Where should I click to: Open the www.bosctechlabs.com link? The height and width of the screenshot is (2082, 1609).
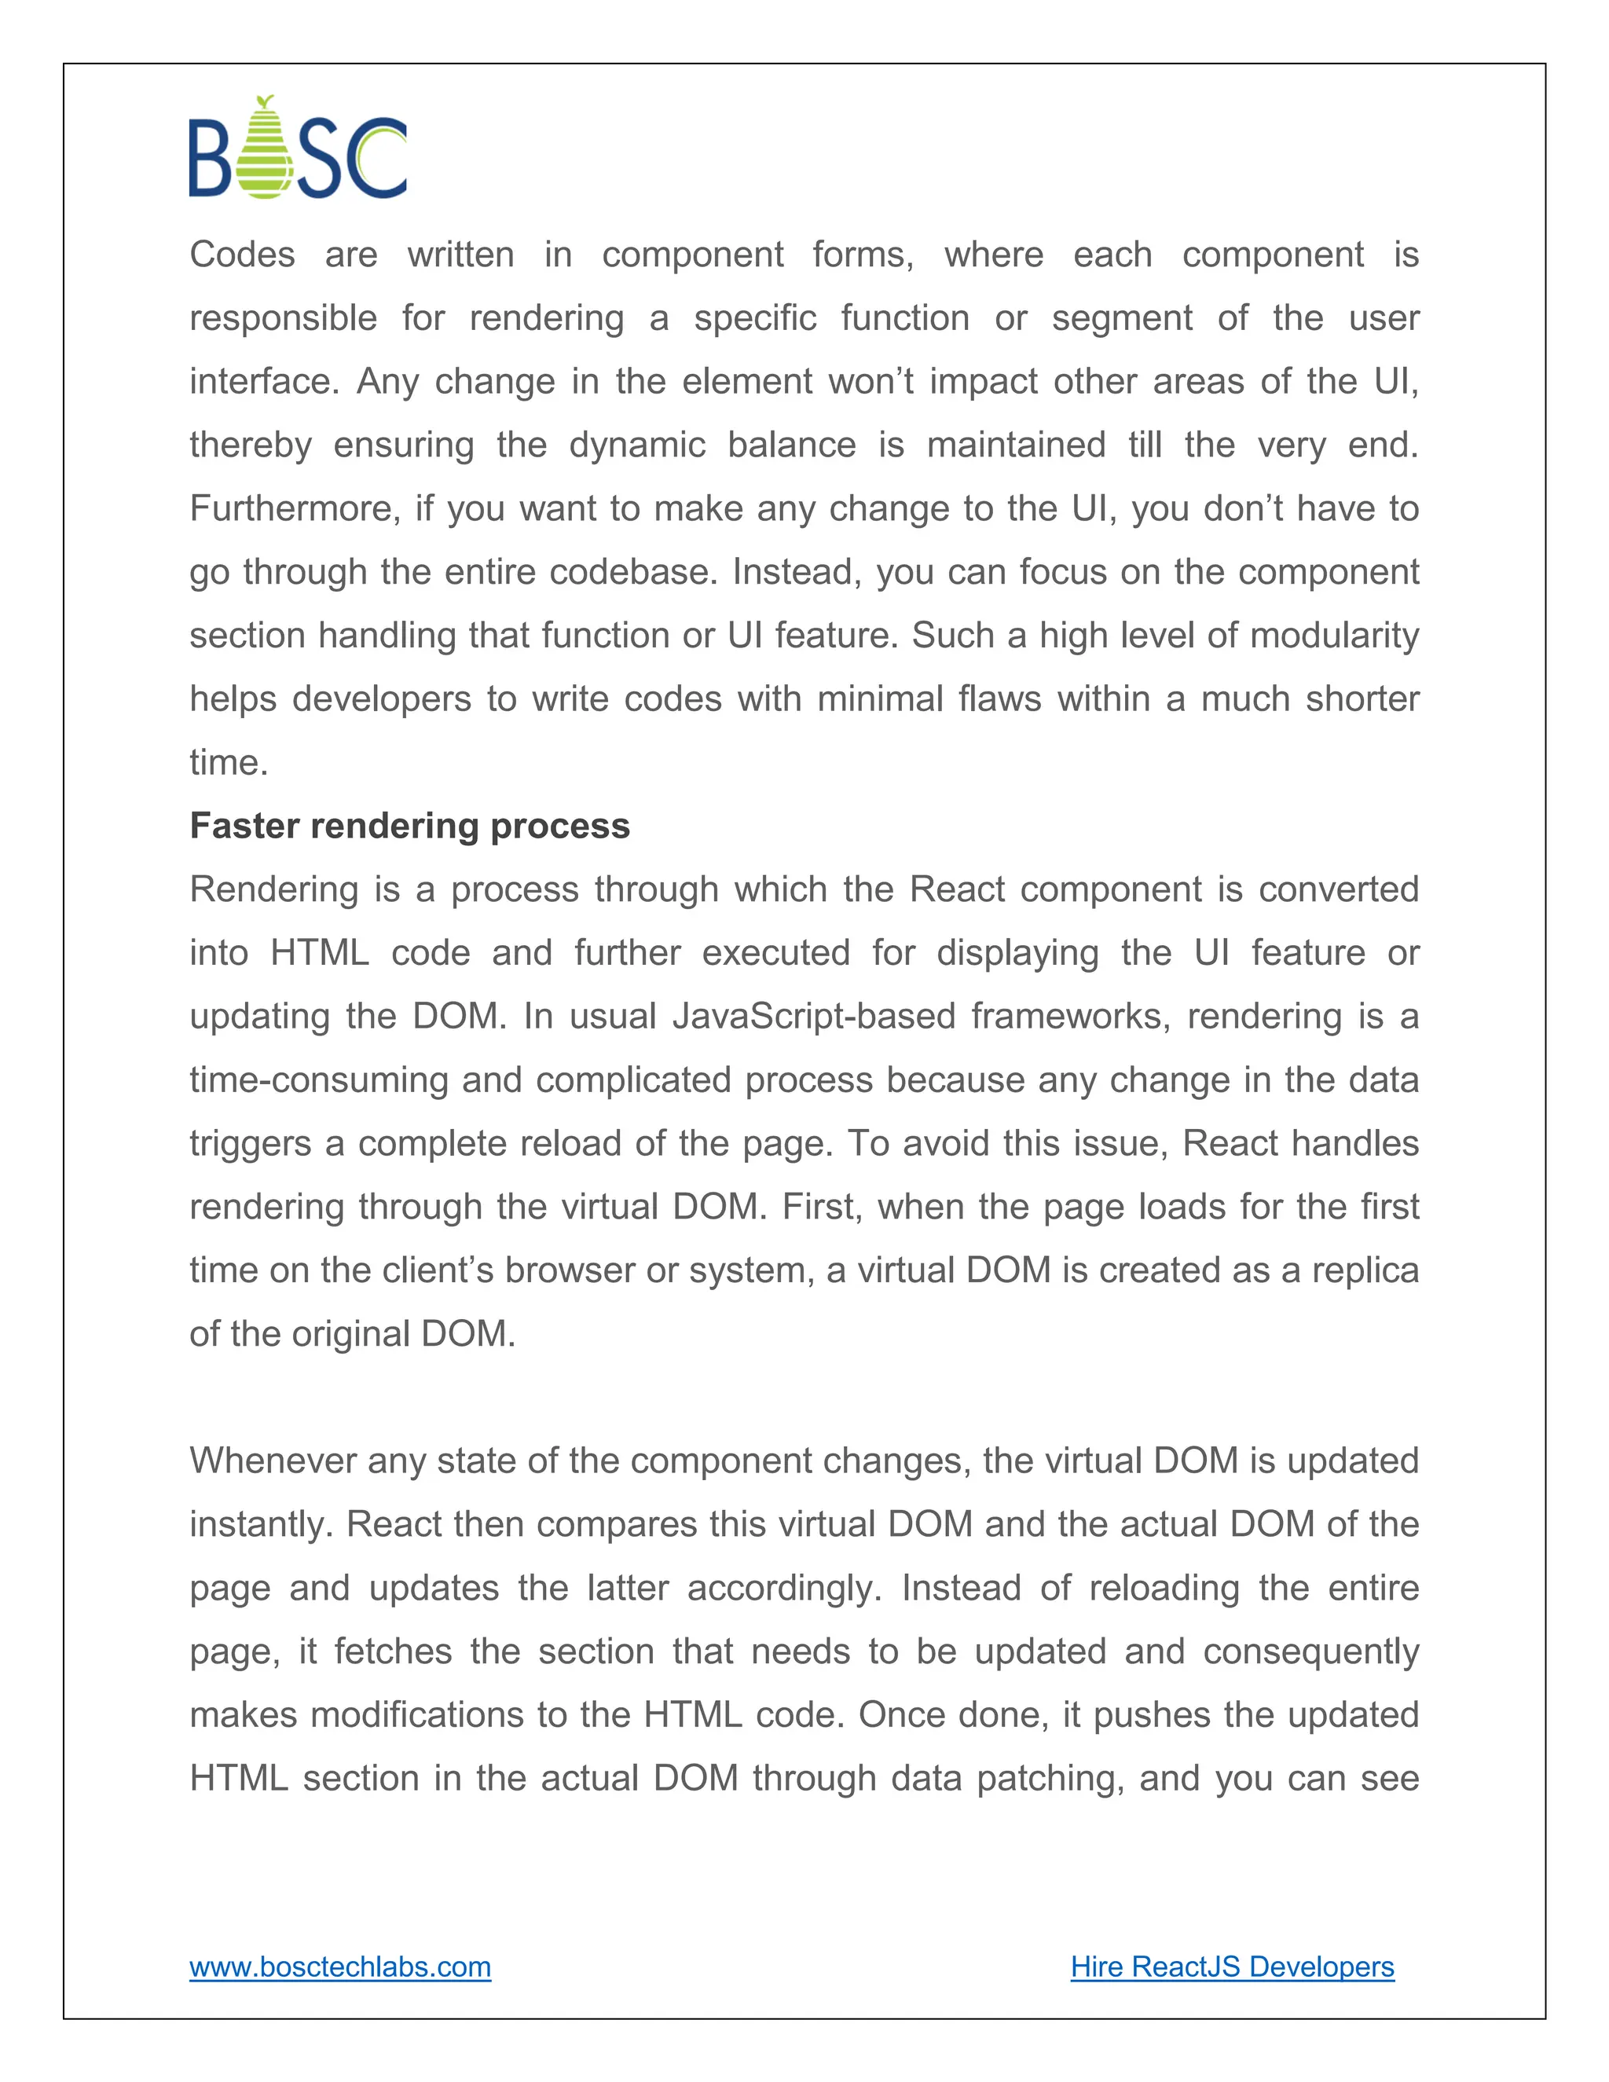(340, 1967)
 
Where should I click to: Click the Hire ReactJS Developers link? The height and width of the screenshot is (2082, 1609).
(1232, 1967)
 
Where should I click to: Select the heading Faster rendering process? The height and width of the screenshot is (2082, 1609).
(410, 826)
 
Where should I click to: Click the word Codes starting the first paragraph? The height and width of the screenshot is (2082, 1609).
(242, 255)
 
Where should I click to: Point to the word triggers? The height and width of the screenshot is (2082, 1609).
(250, 1143)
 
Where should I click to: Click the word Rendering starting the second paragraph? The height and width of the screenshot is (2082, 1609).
(274, 889)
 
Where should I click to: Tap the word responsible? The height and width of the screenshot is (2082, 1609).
(283, 318)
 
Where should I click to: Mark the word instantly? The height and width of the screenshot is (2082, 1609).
(260, 1524)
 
